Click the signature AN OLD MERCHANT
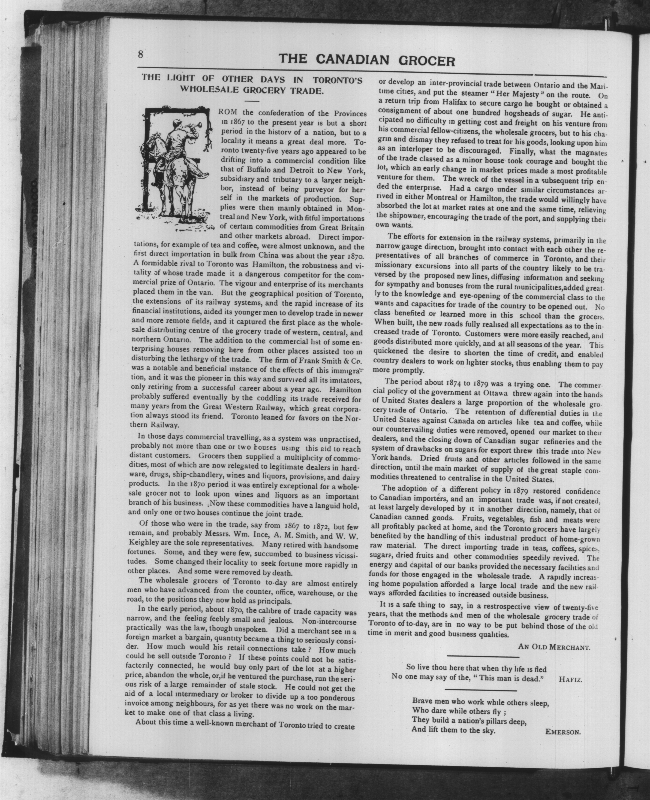click(x=554, y=647)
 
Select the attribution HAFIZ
click(x=570, y=680)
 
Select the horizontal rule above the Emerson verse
click(x=481, y=690)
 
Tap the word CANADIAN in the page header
click(x=353, y=60)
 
